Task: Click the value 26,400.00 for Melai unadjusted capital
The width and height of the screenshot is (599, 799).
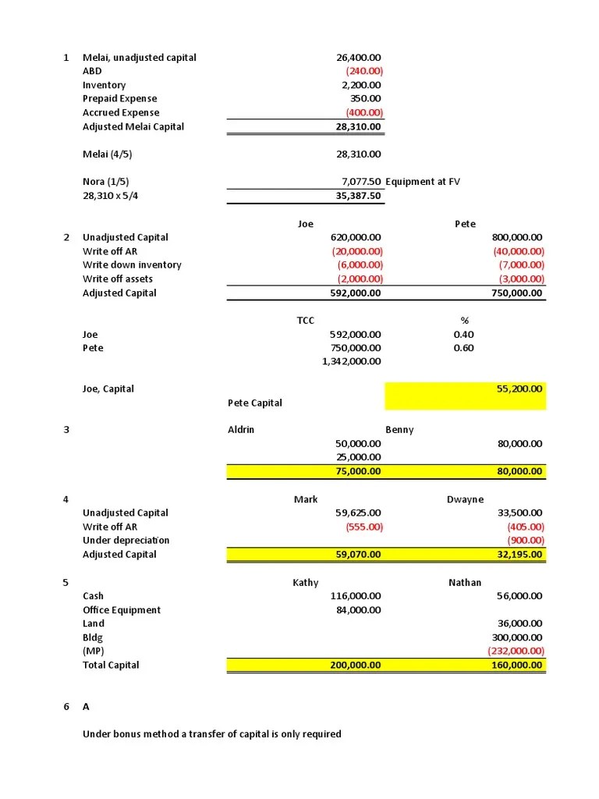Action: click(358, 58)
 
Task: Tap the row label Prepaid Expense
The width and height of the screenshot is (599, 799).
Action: click(119, 99)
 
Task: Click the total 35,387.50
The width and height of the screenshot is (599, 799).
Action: click(358, 196)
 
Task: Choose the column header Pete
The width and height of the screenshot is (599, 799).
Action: click(465, 224)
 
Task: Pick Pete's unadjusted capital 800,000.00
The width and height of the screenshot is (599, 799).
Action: click(517, 237)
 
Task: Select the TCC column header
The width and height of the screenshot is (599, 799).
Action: click(305, 321)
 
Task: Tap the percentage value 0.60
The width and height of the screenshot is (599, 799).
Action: click(463, 348)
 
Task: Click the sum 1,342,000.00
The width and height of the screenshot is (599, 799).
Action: click(352, 361)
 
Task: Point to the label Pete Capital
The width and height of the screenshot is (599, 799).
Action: click(254, 403)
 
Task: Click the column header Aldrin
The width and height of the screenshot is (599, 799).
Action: click(240, 430)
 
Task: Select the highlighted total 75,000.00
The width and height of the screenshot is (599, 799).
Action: click(358, 471)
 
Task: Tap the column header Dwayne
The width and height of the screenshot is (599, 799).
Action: click(465, 499)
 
